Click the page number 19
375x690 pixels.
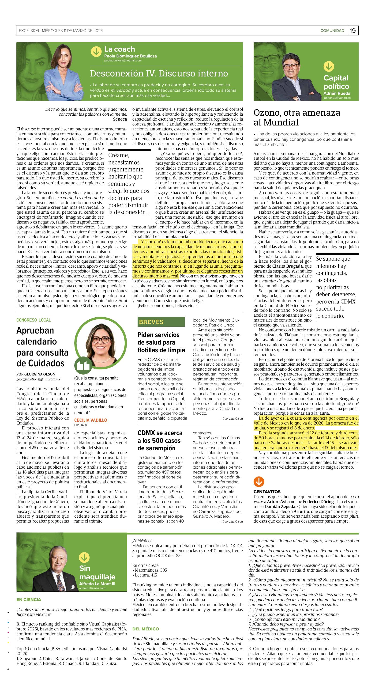point(352,30)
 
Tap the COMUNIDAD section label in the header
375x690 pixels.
point(332,30)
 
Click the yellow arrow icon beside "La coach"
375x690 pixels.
point(96,52)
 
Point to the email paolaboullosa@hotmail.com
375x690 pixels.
point(123,61)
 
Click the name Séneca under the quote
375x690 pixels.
point(120,119)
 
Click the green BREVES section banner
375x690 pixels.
point(161,322)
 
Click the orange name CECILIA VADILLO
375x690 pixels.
point(90,420)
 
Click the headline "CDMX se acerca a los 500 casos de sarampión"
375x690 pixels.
point(160,440)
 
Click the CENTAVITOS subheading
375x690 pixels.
point(267,492)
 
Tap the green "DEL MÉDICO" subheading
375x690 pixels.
point(145,629)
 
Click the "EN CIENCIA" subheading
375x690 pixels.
point(29,599)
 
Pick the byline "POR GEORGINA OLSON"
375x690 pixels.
point(36,374)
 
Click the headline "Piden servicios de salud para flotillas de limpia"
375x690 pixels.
point(161,342)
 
